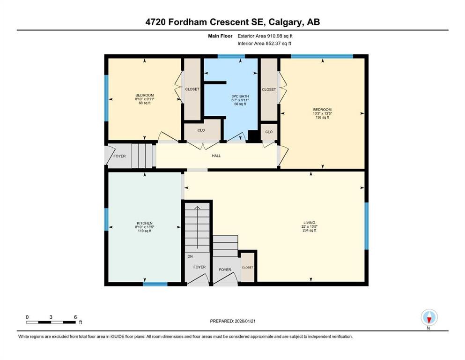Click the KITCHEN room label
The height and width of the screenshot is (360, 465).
coord(144,223)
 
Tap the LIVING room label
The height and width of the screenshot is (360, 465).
coord(309,223)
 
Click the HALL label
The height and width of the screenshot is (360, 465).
coord(216,156)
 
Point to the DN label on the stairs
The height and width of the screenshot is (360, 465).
coord(190,256)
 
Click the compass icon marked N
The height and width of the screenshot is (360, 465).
coord(429,318)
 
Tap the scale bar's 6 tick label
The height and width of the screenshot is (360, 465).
coord(75,317)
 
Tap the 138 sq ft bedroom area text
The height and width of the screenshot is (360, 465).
coord(322,117)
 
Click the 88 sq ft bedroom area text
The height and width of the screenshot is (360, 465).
coord(144,103)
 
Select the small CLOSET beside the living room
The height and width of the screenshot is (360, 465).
coord(247,267)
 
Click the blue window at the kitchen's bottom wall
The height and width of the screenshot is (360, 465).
coord(155,284)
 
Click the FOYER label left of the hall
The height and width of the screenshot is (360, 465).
coord(119,156)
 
